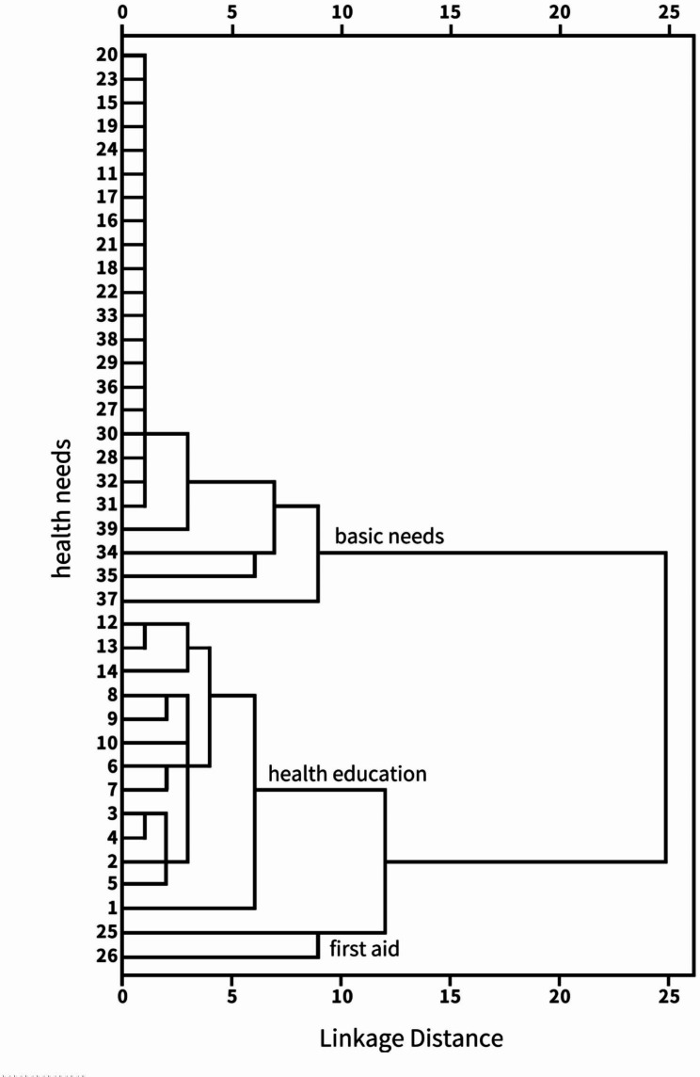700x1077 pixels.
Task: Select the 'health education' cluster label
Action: pos(347,774)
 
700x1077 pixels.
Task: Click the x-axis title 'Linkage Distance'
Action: pos(411,1038)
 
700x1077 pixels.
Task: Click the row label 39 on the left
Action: pos(105,528)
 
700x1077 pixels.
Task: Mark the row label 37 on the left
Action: pos(105,600)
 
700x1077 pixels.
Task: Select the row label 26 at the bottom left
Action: pos(105,957)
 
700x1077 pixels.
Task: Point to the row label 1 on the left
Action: pos(110,908)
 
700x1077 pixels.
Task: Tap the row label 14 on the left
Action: pos(105,671)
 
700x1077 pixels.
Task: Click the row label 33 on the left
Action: pos(105,315)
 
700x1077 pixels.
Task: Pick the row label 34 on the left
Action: pos(105,553)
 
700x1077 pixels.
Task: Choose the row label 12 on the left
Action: pos(105,623)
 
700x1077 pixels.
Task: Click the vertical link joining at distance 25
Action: pos(665,706)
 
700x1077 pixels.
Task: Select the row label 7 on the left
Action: pos(110,789)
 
